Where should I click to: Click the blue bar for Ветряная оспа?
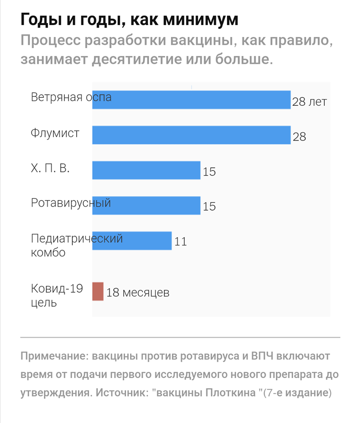click(191, 100)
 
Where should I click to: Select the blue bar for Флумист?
click(191, 135)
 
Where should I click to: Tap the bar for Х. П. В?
click(146, 170)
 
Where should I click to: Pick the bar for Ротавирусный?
click(146, 205)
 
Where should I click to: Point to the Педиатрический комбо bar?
click(132, 241)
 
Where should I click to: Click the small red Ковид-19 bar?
click(98, 291)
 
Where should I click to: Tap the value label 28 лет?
click(309, 102)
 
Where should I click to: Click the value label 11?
click(181, 241)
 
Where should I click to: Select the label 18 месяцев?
click(138, 292)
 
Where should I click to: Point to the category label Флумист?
click(55, 133)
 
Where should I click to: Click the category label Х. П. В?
click(50, 168)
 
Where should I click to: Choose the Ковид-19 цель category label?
click(57, 296)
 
